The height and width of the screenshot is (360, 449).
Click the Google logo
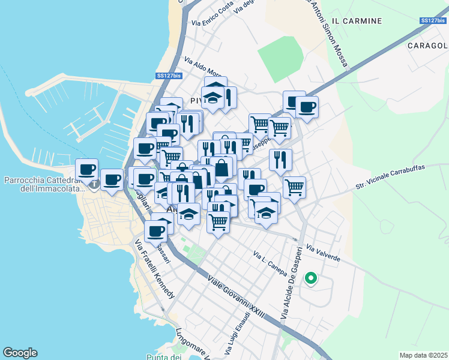point(20,353)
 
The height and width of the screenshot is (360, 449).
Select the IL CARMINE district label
point(357,21)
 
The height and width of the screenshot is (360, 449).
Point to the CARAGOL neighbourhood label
point(427,46)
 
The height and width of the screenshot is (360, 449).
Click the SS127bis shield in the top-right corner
point(433,21)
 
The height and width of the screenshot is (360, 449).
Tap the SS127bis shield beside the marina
point(169,76)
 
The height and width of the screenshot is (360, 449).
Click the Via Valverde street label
point(324,253)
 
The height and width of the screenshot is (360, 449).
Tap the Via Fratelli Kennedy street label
point(154,269)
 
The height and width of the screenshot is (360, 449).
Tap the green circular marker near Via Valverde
point(310,278)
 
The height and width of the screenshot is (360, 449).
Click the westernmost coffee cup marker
point(86,169)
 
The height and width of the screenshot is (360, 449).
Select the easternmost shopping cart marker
point(294,187)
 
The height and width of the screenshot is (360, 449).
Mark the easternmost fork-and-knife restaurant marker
point(281,160)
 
